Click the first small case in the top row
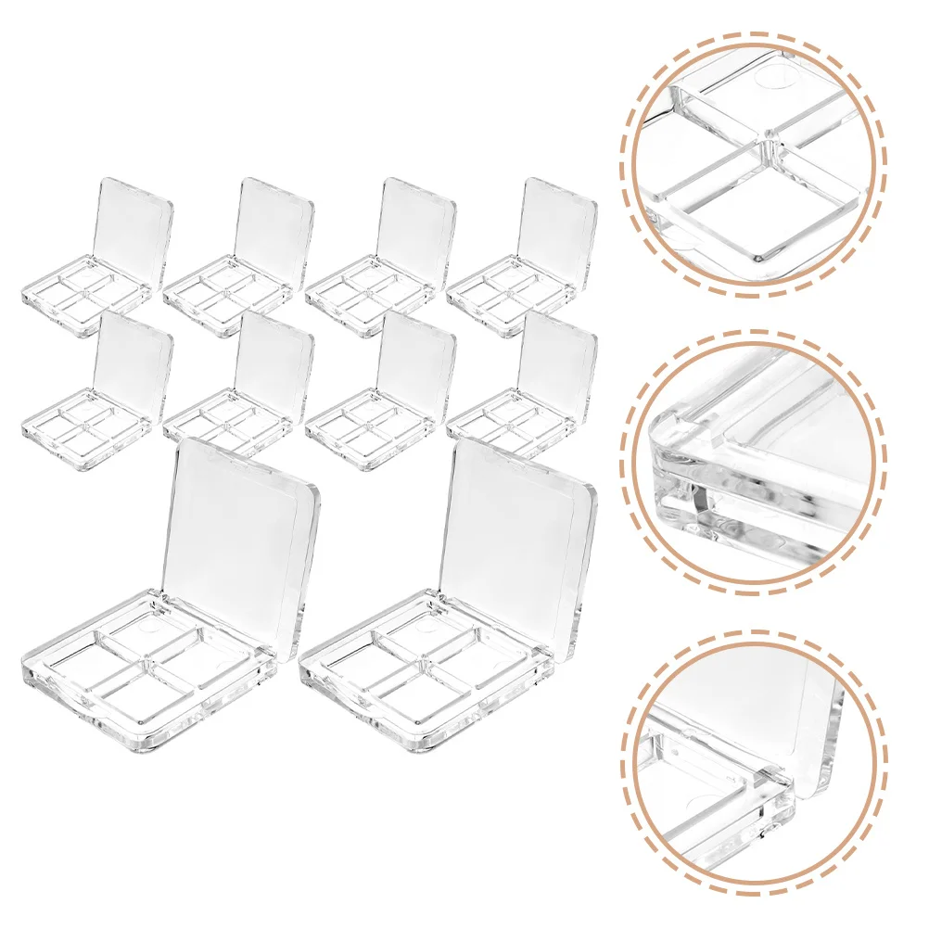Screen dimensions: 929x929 tap(97, 255)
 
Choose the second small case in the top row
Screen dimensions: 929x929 tap(239, 255)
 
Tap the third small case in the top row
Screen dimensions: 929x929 tap(381, 255)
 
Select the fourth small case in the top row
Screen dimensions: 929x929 tap(522, 255)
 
